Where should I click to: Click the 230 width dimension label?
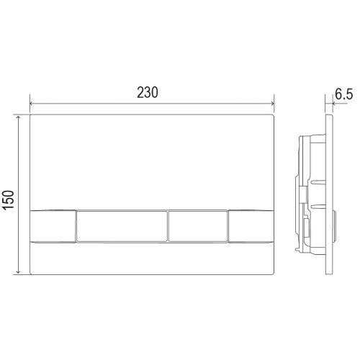(148, 93)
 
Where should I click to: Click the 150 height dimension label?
(9, 200)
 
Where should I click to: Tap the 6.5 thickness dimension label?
(344, 94)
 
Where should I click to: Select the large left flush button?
(122, 226)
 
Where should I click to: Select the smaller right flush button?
(198, 226)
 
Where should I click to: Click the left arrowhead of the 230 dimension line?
(31, 104)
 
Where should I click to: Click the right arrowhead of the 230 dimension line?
(272, 104)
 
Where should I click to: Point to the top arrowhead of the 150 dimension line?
(18, 117)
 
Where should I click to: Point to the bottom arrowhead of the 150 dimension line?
(18, 272)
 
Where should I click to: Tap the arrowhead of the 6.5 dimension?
(334, 104)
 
